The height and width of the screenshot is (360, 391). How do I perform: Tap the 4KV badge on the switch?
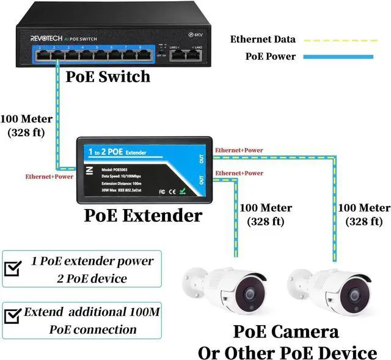[197, 35]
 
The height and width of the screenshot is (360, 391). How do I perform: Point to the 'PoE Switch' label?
[108, 76]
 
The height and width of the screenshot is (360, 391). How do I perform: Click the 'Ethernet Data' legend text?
[263, 40]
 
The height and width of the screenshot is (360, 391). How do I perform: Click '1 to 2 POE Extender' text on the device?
[119, 150]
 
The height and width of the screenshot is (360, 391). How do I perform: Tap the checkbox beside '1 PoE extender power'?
[12, 268]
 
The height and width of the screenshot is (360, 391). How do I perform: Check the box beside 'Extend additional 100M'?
[12, 317]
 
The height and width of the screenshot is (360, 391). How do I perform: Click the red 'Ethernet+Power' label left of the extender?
[49, 177]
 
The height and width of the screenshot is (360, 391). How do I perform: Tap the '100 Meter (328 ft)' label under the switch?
[26, 125]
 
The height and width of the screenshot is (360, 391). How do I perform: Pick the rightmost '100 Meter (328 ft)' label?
[364, 214]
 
